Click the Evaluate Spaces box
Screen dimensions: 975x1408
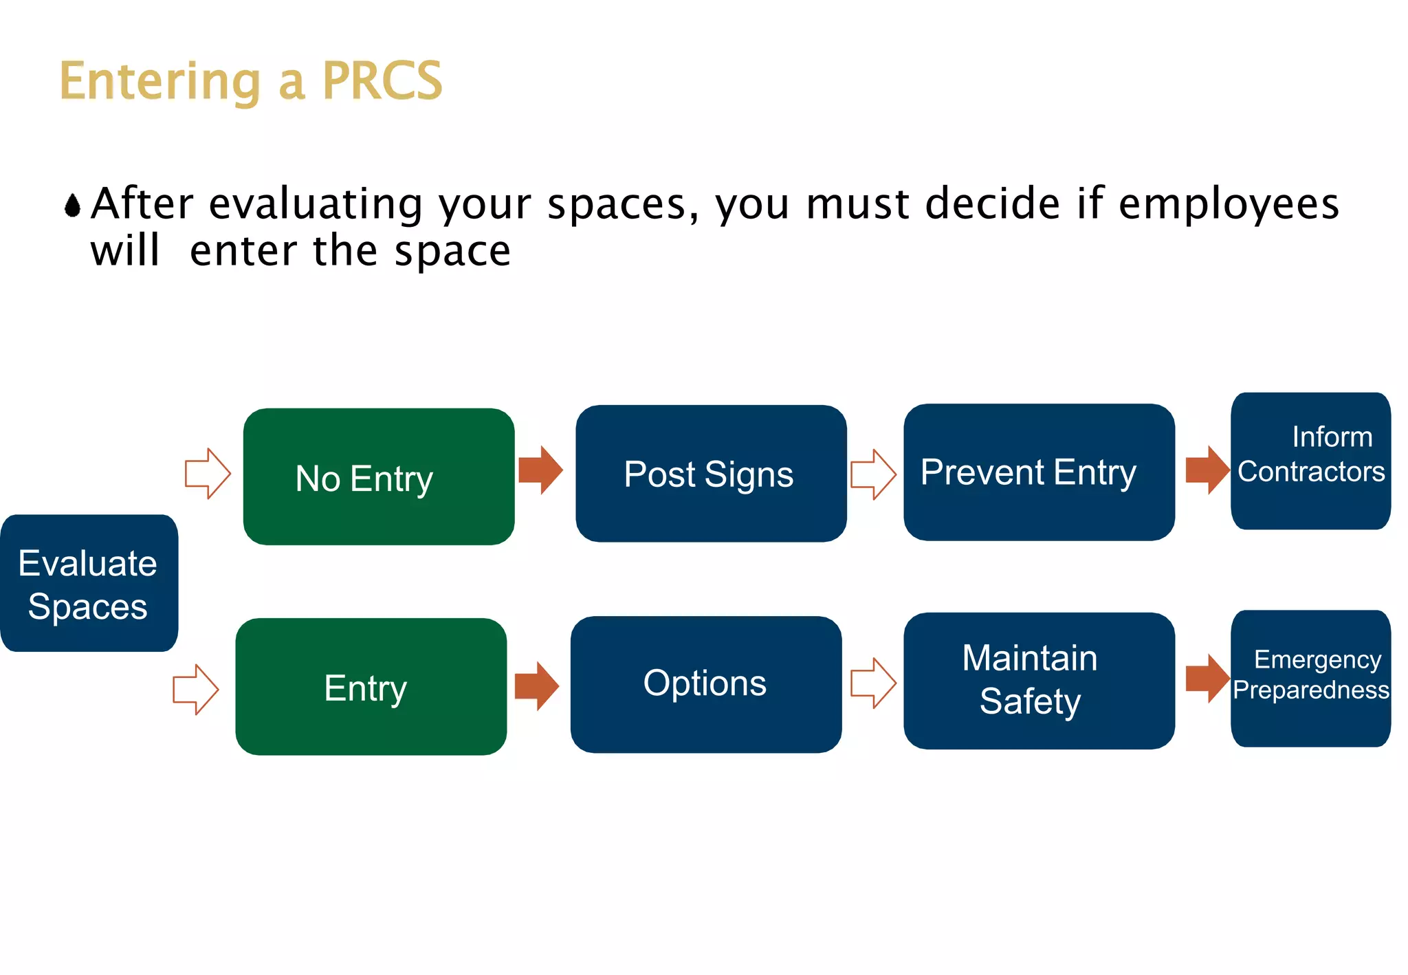pyautogui.click(x=89, y=583)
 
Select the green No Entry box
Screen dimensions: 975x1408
pyautogui.click(x=379, y=476)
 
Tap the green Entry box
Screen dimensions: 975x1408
pyautogui.click(x=371, y=686)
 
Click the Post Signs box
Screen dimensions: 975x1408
pyautogui.click(x=711, y=474)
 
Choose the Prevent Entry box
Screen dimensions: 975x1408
pyautogui.click(x=1039, y=472)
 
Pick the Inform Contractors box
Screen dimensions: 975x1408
pyautogui.click(x=1310, y=461)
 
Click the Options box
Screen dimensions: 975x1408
pyautogui.click(x=706, y=684)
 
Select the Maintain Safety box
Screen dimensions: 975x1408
pyautogui.click(x=1039, y=681)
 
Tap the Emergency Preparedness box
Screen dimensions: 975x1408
pyautogui.click(x=1310, y=678)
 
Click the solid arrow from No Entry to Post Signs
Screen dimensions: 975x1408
pyautogui.click(x=541, y=470)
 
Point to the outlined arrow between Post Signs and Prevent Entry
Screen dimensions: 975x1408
pyautogui.click(x=874, y=474)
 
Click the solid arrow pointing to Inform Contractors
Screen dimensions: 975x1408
pyautogui.click(x=1208, y=470)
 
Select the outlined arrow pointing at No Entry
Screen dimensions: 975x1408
pyautogui.click(x=208, y=474)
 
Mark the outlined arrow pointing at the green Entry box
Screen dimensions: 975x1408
pyautogui.click(x=196, y=689)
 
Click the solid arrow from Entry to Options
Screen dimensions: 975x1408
pyautogui.click(x=537, y=686)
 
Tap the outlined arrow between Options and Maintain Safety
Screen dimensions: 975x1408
pyautogui.click(x=874, y=683)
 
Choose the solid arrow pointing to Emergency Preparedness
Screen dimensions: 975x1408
pyautogui.click(x=1208, y=679)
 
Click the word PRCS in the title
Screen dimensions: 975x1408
pyautogui.click(x=382, y=81)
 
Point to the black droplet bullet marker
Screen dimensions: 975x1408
pyautogui.click(x=72, y=205)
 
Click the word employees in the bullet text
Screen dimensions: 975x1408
pyautogui.click(x=1229, y=205)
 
